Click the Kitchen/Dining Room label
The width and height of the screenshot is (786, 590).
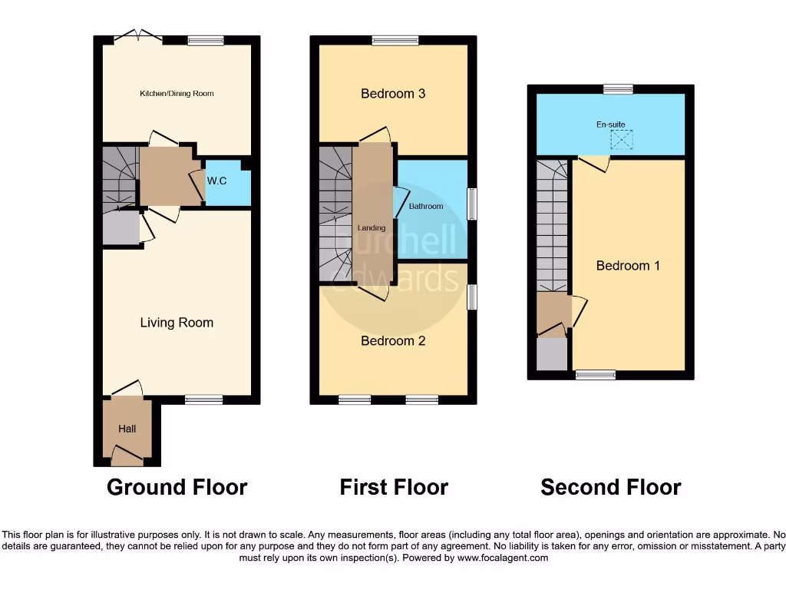(x=177, y=94)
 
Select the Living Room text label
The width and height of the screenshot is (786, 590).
(x=177, y=323)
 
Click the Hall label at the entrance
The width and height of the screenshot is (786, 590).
(x=127, y=429)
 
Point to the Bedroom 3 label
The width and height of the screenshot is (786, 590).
(x=393, y=94)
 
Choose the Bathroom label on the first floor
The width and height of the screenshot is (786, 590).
(x=426, y=207)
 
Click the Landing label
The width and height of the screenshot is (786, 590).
(x=371, y=228)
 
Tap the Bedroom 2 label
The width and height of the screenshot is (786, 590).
(x=393, y=341)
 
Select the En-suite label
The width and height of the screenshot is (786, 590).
(x=610, y=124)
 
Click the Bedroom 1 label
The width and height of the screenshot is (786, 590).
(x=628, y=266)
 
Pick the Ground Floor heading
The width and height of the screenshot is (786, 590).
(x=177, y=487)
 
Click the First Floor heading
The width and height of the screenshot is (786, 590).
(x=394, y=487)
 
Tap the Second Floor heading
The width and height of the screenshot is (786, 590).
(x=610, y=487)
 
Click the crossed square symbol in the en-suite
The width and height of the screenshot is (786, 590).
(x=621, y=140)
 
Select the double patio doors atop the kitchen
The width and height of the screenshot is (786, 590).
(x=138, y=36)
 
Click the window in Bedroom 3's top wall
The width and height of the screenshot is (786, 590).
(x=395, y=41)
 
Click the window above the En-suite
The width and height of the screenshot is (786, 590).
(x=618, y=89)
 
